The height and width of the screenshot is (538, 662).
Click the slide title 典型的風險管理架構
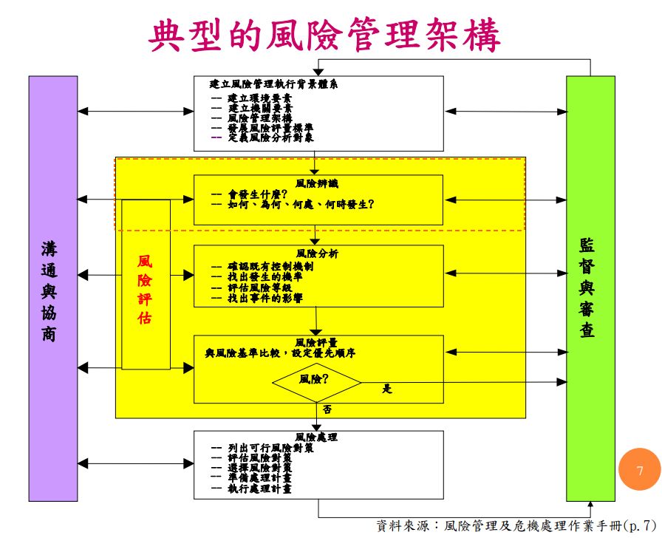click(325, 35)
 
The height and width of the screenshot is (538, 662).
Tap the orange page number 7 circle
click(640, 470)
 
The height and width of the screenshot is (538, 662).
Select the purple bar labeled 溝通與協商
click(52, 289)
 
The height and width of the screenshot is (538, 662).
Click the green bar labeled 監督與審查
click(590, 289)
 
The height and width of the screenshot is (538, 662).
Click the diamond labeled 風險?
click(315, 381)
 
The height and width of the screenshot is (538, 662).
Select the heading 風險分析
click(317, 253)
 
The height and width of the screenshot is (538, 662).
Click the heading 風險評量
click(317, 343)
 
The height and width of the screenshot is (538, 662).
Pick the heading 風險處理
click(317, 437)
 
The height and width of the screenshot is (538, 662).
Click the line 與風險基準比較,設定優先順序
click(281, 354)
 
